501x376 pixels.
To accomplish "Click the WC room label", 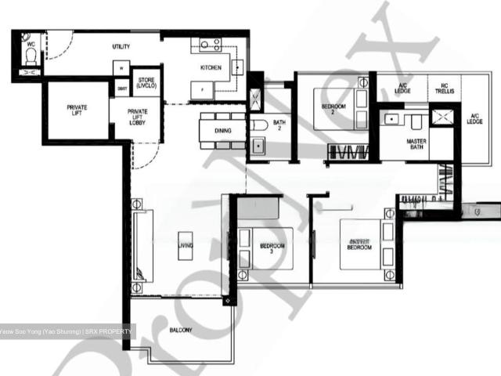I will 31,44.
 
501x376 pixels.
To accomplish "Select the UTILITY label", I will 121,47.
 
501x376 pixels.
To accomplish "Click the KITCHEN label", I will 211,68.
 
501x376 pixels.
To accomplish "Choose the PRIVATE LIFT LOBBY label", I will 137,117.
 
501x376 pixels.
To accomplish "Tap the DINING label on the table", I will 222,131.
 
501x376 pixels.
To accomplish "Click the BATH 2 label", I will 277,125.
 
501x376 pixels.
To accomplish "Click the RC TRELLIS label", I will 445,91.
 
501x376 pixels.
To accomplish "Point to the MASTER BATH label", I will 416,145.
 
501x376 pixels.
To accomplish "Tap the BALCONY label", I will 181,331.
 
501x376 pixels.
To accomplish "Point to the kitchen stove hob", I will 211,45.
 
